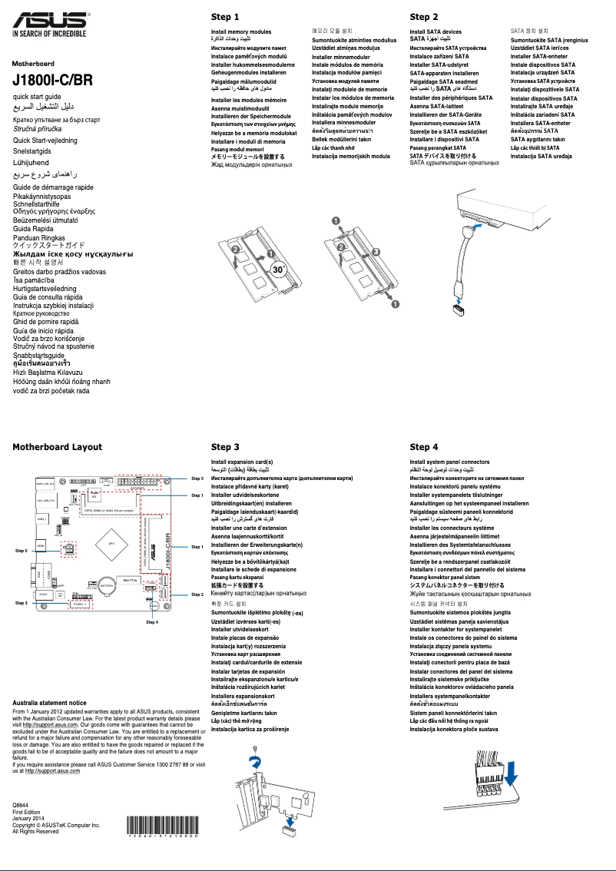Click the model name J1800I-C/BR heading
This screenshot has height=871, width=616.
click(52, 80)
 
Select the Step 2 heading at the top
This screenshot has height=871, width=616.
click(424, 17)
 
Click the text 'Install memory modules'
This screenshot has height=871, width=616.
click(241, 32)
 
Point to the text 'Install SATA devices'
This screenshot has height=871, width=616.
click(436, 32)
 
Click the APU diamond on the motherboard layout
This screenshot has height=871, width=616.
click(112, 544)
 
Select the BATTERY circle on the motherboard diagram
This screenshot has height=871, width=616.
click(107, 585)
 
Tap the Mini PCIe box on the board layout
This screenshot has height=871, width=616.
click(131, 580)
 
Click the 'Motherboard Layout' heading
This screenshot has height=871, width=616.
click(57, 447)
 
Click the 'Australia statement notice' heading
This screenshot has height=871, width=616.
click(50, 703)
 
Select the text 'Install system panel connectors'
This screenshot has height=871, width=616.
click(455, 462)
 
